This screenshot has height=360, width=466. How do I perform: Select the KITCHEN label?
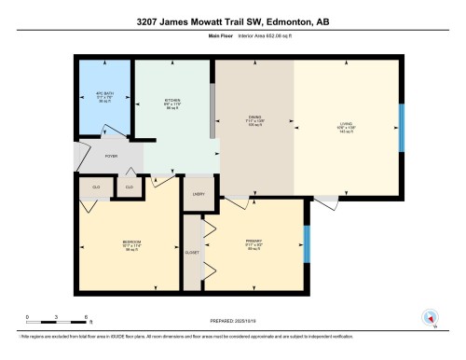pos(172,102)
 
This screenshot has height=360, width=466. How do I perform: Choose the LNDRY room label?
pos(199,194)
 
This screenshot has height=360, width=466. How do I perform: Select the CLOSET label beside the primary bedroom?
pos(192,252)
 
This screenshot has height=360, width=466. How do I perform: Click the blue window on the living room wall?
pos(402,128)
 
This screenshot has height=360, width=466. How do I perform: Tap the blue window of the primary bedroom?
pos(306,243)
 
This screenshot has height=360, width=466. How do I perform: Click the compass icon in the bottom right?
pos(430,317)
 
